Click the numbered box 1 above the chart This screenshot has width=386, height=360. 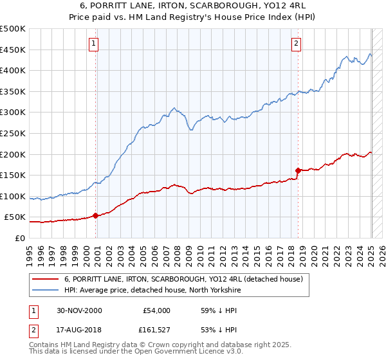(94, 44)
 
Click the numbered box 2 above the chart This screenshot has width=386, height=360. (296, 44)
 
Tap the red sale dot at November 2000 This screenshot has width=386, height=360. (96, 215)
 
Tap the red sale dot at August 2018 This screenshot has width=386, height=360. (298, 170)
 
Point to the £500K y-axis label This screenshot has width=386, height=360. (12, 29)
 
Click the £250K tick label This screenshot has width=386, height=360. (12, 133)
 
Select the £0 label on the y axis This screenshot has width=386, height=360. (20, 238)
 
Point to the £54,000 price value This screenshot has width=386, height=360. (156, 310)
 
